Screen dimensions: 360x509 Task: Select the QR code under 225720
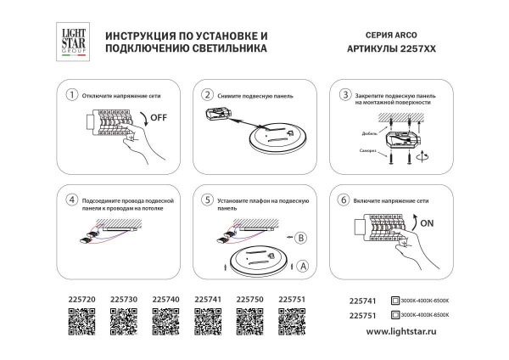pyautogui.click(x=81, y=323)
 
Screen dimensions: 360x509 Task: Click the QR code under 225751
pyautogui.click(x=293, y=323)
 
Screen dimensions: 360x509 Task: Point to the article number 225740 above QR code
pyautogui.click(x=165, y=300)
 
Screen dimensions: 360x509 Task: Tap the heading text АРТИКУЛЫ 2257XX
pyautogui.click(x=387, y=50)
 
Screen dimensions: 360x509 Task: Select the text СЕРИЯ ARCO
pyautogui.click(x=376, y=37)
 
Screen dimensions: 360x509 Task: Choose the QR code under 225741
pyautogui.click(x=208, y=323)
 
